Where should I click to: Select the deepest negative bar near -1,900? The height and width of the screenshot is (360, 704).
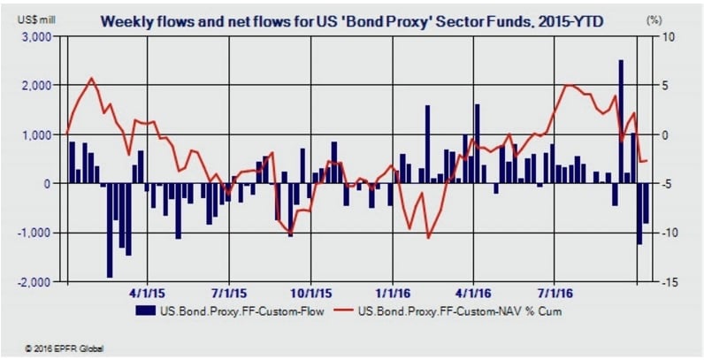coord(109,230)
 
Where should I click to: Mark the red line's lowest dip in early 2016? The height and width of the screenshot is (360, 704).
coord(428,237)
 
